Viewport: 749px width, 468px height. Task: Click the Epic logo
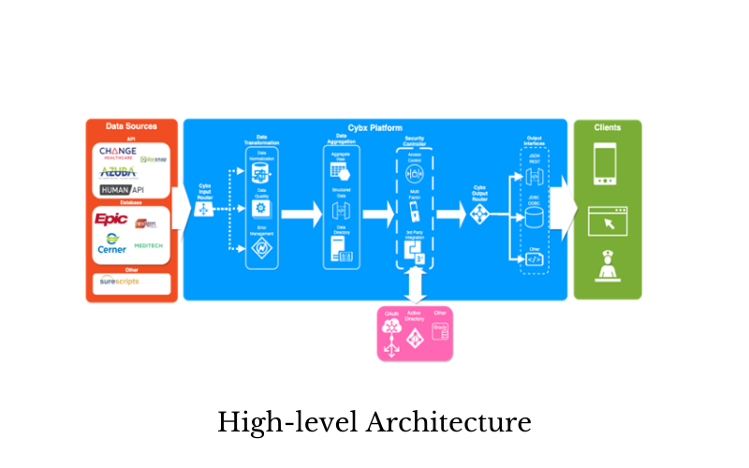[111, 219]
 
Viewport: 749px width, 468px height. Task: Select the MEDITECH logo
[149, 245]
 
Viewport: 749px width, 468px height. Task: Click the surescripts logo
[120, 281]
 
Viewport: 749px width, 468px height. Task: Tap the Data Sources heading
[131, 126]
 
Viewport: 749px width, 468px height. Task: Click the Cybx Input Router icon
[203, 210]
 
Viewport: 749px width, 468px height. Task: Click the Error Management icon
[262, 248]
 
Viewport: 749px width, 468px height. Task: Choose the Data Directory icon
[341, 250]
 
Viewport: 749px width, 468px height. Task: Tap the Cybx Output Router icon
[480, 214]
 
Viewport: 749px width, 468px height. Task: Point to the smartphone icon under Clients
[607, 163]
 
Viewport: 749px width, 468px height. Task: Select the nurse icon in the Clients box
[607, 265]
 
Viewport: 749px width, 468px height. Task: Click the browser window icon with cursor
[607, 222]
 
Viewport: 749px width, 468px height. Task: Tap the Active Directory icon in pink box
[415, 339]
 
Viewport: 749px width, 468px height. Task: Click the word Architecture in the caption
[448, 422]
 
